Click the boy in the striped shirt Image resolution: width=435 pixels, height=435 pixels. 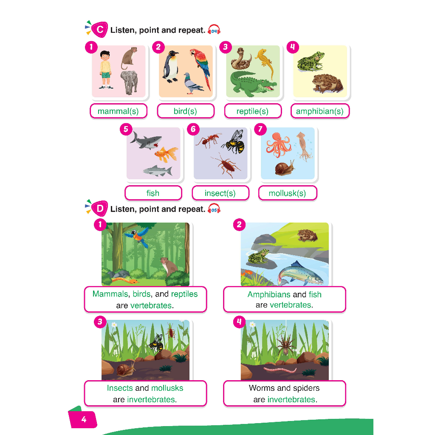(106, 70)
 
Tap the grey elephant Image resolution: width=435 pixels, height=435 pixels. (129, 82)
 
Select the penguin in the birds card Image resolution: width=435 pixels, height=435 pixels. (170, 67)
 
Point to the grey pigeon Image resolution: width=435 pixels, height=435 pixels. (193, 83)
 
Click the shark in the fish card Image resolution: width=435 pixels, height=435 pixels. (146, 140)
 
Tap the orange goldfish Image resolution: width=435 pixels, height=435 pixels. (166, 154)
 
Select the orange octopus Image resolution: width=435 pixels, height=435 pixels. (278, 145)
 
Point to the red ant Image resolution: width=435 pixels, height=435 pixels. (208, 140)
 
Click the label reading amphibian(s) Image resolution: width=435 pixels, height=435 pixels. (320, 111)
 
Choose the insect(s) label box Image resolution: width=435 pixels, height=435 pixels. (220, 193)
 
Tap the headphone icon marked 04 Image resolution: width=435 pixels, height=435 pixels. (214, 30)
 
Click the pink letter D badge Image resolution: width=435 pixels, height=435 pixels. (99, 209)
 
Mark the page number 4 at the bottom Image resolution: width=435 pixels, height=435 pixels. (84, 419)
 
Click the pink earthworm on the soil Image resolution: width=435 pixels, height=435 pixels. (280, 370)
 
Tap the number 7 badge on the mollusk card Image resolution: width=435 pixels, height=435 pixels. (260, 129)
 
